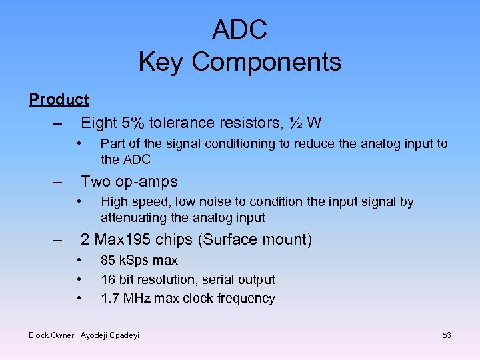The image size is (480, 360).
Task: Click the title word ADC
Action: pyautogui.click(x=239, y=29)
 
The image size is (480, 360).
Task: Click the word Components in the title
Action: pyautogui.click(x=266, y=62)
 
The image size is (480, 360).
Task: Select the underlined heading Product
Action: pyautogui.click(x=59, y=99)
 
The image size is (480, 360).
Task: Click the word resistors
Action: pyautogui.click(x=251, y=123)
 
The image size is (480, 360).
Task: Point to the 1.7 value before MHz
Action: pyautogui.click(x=110, y=299)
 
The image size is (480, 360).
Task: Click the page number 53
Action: pyautogui.click(x=446, y=335)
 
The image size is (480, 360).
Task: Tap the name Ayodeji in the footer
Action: pyautogui.click(x=96, y=335)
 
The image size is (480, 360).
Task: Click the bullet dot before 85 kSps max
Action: pyautogui.click(x=79, y=260)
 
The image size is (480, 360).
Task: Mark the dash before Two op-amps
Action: pyautogui.click(x=58, y=181)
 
